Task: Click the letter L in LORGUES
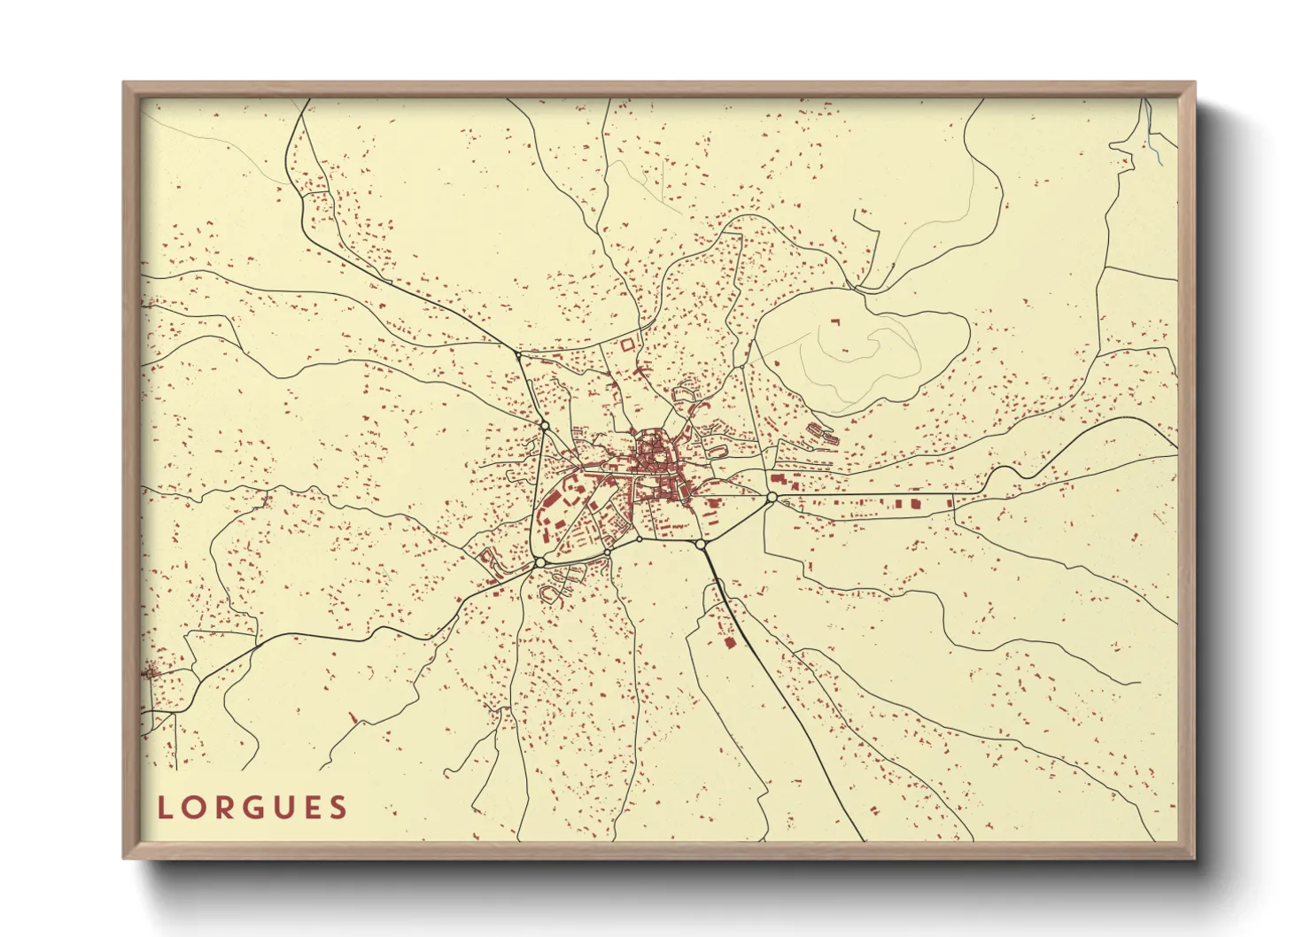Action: [x=164, y=808]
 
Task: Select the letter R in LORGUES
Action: [x=221, y=808]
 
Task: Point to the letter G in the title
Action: [x=251, y=808]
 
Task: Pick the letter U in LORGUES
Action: [x=281, y=808]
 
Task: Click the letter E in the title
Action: [x=309, y=808]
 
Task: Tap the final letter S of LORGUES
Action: [x=337, y=808]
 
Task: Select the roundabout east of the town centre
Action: [x=772, y=498]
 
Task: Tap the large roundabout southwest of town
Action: [x=539, y=562]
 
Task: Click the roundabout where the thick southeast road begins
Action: [x=700, y=544]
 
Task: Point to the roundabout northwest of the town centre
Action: [x=544, y=426]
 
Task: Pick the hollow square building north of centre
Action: [x=628, y=344]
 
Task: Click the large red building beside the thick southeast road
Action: [x=730, y=642]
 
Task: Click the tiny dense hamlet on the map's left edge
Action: [x=151, y=671]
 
